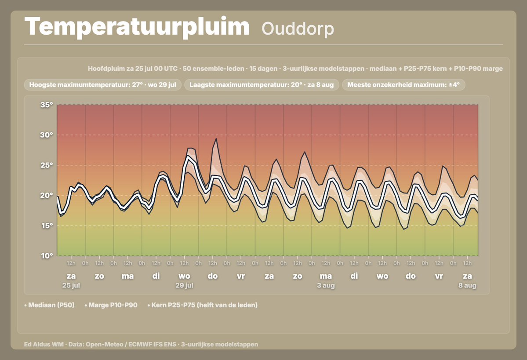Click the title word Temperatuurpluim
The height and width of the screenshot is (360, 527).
[x=137, y=27]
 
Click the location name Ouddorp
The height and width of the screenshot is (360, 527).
[x=298, y=29]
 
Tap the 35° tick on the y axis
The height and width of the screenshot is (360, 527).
[x=47, y=105]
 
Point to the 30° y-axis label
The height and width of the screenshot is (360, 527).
[x=47, y=135]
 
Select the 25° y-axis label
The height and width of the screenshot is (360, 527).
[x=47, y=165]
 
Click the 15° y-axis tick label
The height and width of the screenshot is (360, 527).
[x=47, y=225]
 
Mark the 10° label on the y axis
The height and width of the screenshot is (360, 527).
[x=47, y=256]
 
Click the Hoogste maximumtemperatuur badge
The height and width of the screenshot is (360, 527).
[x=102, y=85]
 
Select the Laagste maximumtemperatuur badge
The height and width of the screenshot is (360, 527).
[x=262, y=85]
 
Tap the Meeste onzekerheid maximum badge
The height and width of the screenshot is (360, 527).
[x=403, y=85]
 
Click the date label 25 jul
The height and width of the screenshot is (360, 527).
[x=71, y=285]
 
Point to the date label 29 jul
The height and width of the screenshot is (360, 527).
[x=184, y=285]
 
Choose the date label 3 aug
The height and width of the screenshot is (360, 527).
[x=326, y=285]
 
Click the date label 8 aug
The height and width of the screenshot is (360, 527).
[x=467, y=285]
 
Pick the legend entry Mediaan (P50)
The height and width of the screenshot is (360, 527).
[x=49, y=305]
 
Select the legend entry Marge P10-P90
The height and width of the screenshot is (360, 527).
[x=111, y=305]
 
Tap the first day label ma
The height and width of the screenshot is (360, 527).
[x=128, y=276]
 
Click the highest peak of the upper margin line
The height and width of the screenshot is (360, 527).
[x=216, y=138]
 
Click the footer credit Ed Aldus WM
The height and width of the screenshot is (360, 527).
[x=44, y=344]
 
